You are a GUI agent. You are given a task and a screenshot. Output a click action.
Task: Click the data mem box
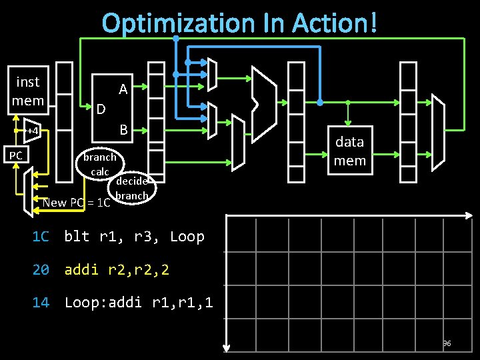point(349,151)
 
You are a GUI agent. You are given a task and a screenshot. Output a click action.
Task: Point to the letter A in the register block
point(123,89)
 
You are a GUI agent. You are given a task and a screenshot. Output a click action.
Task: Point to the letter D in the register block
point(101,109)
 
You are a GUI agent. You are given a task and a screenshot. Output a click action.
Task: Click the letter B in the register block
point(123,129)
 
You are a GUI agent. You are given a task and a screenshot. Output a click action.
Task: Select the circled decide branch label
point(131,188)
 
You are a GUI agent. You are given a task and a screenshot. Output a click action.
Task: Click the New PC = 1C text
point(77,203)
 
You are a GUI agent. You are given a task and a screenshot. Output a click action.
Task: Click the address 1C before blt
point(41,237)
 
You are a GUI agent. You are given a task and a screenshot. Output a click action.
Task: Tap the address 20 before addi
point(41,270)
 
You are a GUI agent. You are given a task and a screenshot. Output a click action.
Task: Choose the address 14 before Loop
point(41,303)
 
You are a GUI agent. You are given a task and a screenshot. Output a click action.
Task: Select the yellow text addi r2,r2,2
point(117,270)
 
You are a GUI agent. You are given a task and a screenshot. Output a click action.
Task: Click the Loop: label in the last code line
point(85,303)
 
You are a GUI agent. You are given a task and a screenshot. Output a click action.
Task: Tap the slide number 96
point(447,343)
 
